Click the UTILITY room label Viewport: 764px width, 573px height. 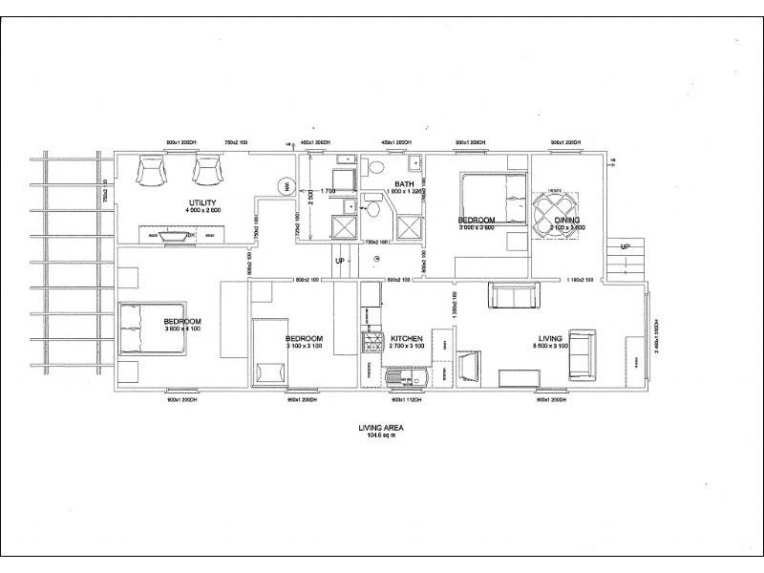202,202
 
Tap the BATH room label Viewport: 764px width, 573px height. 404,184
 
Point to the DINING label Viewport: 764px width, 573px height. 567,221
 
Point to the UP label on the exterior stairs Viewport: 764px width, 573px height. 626,245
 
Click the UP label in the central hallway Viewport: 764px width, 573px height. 339,260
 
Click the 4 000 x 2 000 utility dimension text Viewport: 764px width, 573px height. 202,210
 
